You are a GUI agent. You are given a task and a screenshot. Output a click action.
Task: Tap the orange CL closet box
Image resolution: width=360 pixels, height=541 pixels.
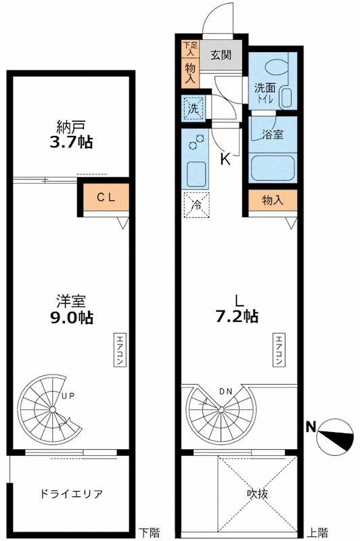click(104, 198)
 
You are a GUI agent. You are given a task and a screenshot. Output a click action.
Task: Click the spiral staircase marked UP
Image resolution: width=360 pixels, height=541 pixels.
click(51, 410)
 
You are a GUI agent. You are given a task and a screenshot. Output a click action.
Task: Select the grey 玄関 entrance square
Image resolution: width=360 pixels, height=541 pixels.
click(221, 55)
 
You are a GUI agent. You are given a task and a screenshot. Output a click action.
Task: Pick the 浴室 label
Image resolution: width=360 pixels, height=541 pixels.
click(273, 134)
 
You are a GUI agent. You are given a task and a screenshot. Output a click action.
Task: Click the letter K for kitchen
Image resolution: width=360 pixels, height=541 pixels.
click(225, 160)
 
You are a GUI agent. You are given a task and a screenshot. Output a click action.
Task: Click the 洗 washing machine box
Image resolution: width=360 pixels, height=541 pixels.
click(192, 107)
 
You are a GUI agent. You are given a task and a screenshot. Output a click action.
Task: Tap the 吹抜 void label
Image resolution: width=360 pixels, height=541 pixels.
click(257, 494)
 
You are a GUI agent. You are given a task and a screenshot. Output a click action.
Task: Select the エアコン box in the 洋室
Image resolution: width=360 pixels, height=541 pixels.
click(119, 350)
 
